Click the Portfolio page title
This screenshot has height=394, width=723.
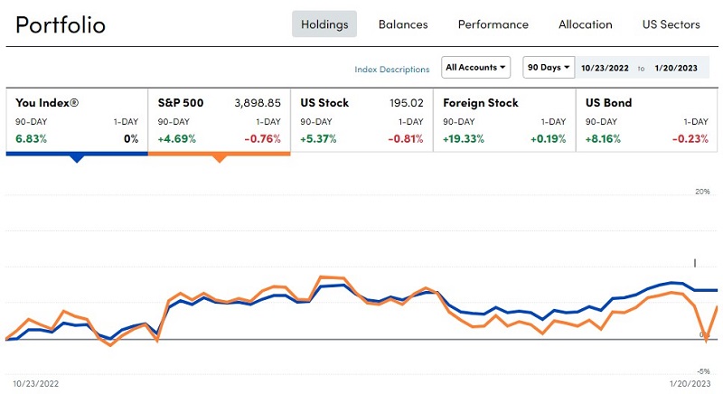point(61,24)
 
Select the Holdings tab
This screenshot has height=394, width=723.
point(324,24)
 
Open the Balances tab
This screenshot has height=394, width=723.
point(403,24)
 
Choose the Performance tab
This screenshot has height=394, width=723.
point(493,24)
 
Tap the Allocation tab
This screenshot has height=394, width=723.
point(586,24)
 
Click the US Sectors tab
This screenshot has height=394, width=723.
point(671,24)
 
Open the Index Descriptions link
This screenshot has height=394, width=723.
point(392,69)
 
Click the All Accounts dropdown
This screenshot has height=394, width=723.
point(476,68)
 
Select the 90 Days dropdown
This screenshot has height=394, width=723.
point(549,68)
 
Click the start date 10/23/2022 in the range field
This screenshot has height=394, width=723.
point(606,69)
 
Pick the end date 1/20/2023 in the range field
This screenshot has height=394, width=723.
point(676,69)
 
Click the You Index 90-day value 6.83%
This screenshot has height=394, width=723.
point(31,139)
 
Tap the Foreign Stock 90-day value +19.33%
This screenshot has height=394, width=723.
point(464,139)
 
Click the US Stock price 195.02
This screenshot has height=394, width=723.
point(406,103)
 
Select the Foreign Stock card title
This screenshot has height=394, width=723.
point(480,103)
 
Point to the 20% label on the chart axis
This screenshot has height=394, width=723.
point(702,192)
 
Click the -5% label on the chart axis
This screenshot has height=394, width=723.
point(702,371)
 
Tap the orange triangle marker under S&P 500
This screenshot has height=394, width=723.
point(219,158)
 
